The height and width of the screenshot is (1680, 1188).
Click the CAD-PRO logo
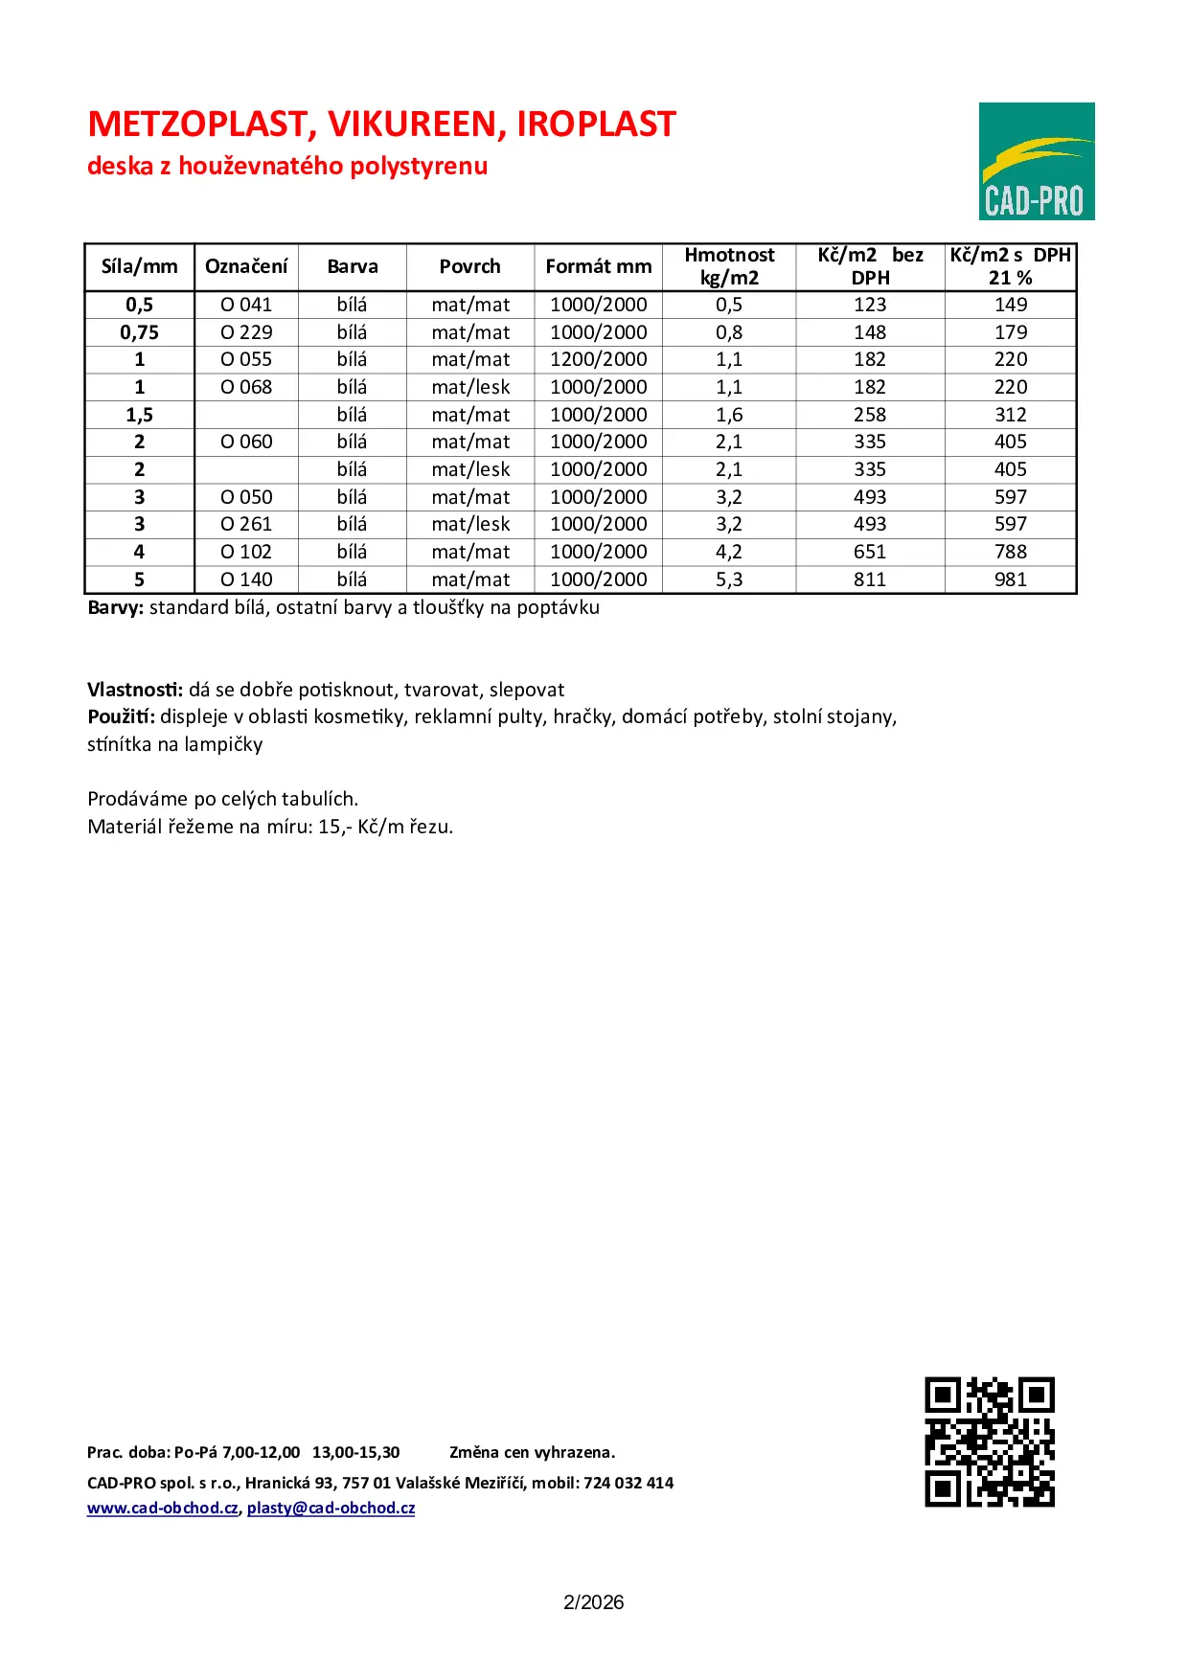tap(1036, 161)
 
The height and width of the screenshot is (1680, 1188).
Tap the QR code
tap(990, 1442)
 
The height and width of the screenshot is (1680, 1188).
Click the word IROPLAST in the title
tap(596, 125)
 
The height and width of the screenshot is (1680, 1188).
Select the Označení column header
tap(246, 266)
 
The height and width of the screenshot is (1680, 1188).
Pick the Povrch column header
tap(469, 266)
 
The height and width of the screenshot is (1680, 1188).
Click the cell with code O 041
tap(246, 305)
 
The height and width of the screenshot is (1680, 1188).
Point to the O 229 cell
tap(246, 332)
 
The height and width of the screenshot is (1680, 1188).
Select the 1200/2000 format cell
tap(599, 359)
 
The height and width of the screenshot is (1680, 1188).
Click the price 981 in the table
tap(1010, 579)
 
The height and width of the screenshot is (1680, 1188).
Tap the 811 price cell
tap(870, 579)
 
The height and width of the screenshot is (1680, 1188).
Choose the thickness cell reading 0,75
tap(140, 332)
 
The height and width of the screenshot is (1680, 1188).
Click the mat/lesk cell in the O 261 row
tap(470, 524)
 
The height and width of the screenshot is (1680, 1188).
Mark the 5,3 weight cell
tap(729, 579)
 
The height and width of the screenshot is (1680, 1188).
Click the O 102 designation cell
tap(246, 552)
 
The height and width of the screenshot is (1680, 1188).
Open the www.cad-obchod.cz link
tap(163, 1508)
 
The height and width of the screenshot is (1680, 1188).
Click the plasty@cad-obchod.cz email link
tap(331, 1508)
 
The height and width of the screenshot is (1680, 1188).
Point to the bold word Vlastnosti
tap(134, 690)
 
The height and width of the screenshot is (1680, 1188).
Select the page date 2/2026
tap(593, 1602)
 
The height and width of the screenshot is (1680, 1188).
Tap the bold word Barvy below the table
tap(115, 607)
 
